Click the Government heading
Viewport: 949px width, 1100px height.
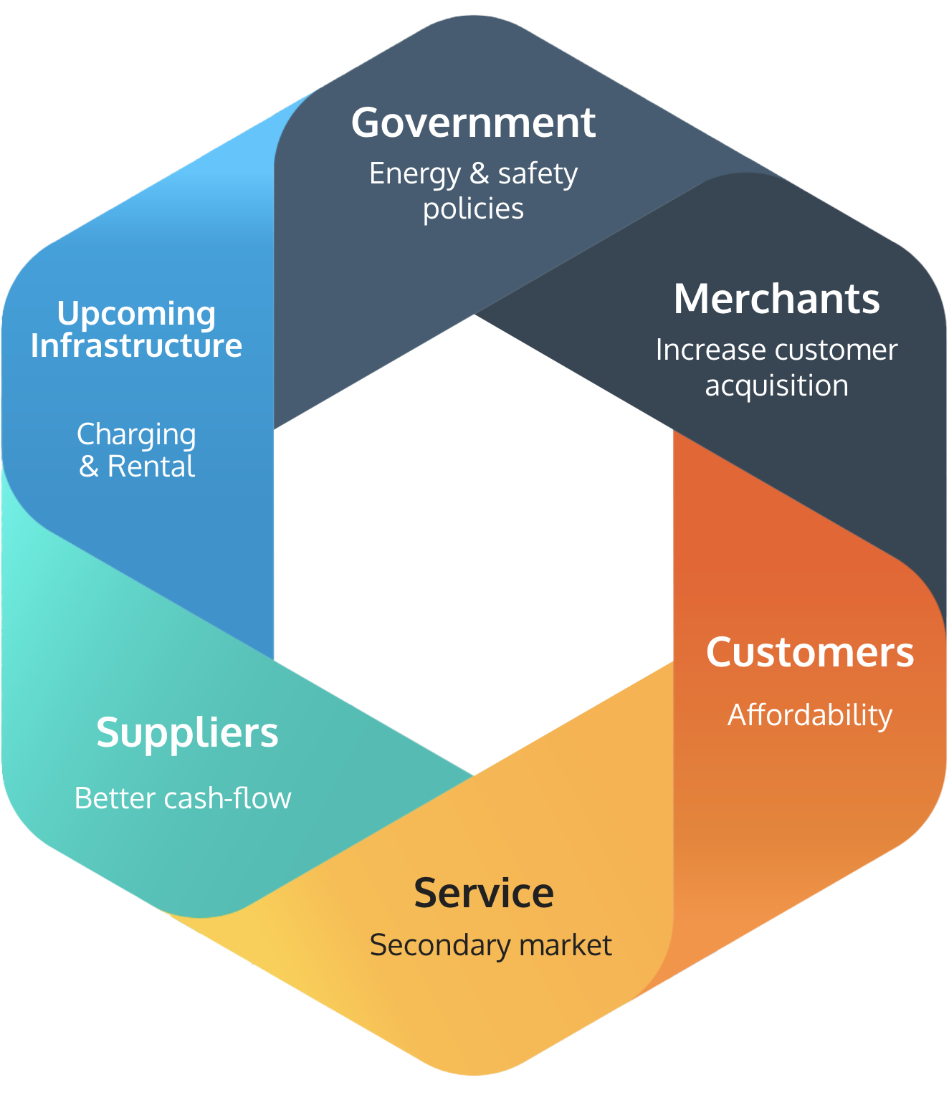(x=473, y=123)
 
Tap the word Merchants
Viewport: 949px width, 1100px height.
(x=776, y=299)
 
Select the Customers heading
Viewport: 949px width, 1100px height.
(x=810, y=652)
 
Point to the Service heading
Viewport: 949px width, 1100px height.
(x=484, y=893)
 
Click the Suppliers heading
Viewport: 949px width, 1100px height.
(x=187, y=732)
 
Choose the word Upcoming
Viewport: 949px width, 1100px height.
(x=136, y=314)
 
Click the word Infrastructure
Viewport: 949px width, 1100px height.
(x=136, y=345)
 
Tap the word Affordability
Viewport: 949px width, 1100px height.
(x=810, y=715)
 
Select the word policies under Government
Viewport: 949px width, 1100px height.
(x=473, y=209)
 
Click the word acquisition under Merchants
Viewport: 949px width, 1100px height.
(x=776, y=386)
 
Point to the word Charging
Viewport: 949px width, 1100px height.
(x=136, y=435)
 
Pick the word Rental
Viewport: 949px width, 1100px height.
(x=151, y=467)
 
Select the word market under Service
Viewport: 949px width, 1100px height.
(x=566, y=945)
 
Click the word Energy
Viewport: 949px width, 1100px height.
(x=415, y=174)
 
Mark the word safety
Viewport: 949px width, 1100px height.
(x=538, y=174)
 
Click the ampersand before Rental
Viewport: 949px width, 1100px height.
(x=88, y=467)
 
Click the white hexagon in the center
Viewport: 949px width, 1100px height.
(x=473, y=545)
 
